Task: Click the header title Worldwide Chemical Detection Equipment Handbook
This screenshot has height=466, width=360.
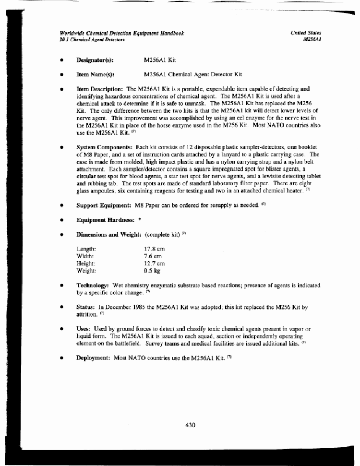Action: [122, 33]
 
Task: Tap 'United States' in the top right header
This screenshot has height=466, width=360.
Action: [306, 33]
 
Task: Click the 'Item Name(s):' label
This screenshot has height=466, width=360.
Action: [95, 75]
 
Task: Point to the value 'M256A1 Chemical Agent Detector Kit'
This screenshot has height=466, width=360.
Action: [193, 75]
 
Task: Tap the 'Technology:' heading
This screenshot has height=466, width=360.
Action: [93, 285]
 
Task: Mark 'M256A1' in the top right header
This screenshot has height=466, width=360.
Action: [312, 40]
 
